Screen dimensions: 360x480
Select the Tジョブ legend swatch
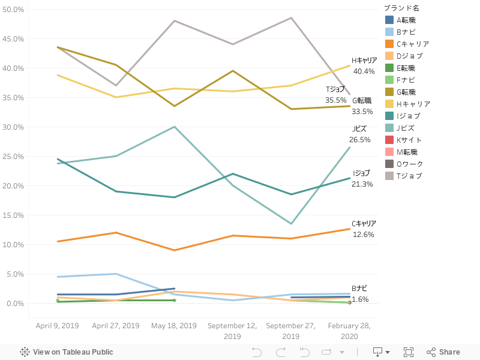pyautogui.click(x=389, y=176)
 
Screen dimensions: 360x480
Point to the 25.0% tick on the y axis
pyautogui.click(x=14, y=157)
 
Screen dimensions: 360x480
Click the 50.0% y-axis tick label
pyautogui.click(x=14, y=10)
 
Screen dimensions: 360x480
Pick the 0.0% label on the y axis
pyautogui.click(x=16, y=304)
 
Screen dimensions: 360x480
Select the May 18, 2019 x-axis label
pyautogui.click(x=174, y=326)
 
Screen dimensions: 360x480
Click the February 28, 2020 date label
pyautogui.click(x=350, y=331)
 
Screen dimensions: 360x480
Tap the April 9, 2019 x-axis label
pyautogui.click(x=57, y=326)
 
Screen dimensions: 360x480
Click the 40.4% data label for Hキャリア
pyautogui.click(x=364, y=71)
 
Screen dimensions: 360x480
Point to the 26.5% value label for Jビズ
pyautogui.click(x=360, y=140)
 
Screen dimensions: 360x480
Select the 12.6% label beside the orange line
pyautogui.click(x=364, y=235)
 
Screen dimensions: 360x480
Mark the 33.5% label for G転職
pyautogui.click(x=362, y=112)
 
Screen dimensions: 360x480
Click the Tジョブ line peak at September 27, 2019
pyautogui.click(x=291, y=18)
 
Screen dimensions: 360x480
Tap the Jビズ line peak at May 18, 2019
pyautogui.click(x=174, y=127)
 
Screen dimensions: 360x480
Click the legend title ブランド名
pyautogui.click(x=402, y=8)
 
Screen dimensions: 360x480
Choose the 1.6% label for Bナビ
pyautogui.click(x=360, y=299)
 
